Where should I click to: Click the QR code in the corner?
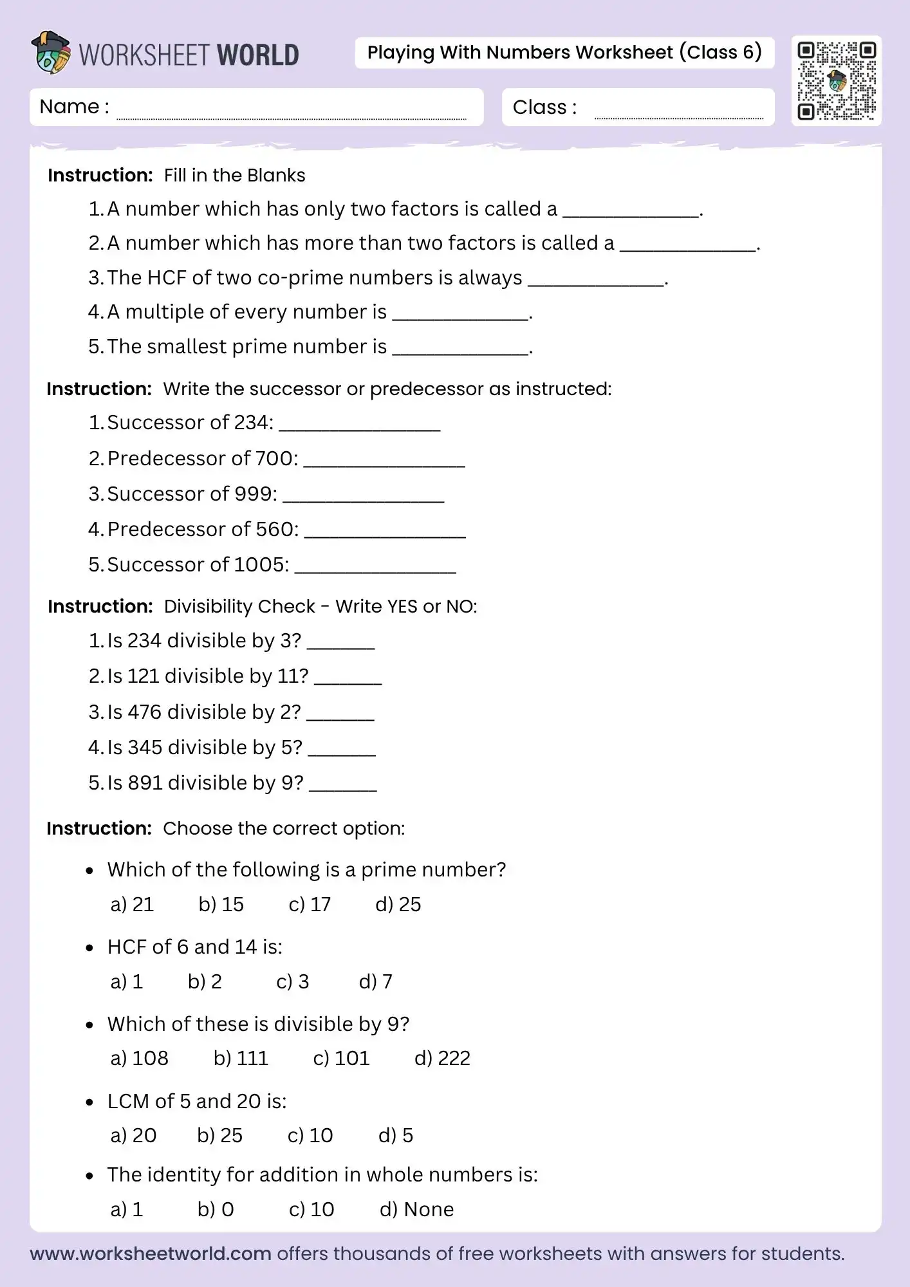click(x=836, y=81)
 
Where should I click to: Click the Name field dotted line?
click(x=291, y=117)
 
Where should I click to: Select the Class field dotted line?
click(x=678, y=117)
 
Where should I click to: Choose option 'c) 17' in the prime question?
click(x=310, y=904)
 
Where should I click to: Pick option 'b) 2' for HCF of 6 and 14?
click(x=205, y=981)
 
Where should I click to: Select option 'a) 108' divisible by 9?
click(x=139, y=1058)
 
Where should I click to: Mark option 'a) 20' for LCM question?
click(x=133, y=1135)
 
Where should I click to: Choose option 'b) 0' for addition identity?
click(x=216, y=1209)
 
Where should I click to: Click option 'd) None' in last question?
click(x=416, y=1209)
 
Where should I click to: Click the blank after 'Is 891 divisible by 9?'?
click(x=343, y=786)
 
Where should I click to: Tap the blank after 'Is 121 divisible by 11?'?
click(x=348, y=680)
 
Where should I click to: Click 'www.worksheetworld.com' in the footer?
click(x=151, y=1254)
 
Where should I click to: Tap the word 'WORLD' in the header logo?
click(x=258, y=55)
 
